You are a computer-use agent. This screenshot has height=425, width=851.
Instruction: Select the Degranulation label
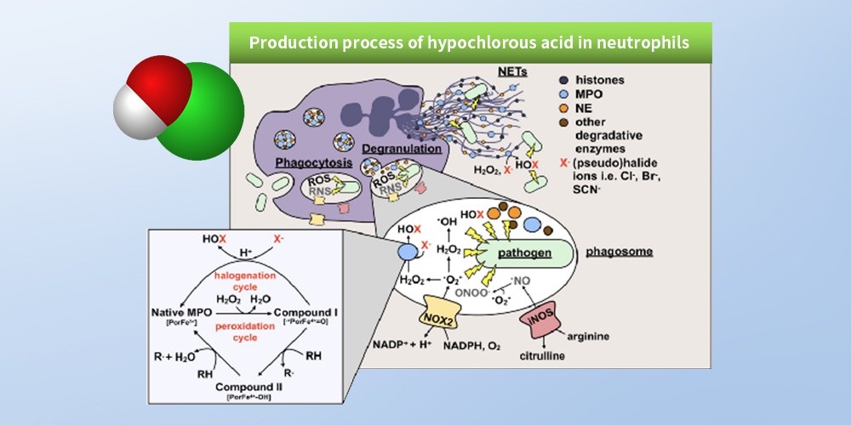pos(402,150)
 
